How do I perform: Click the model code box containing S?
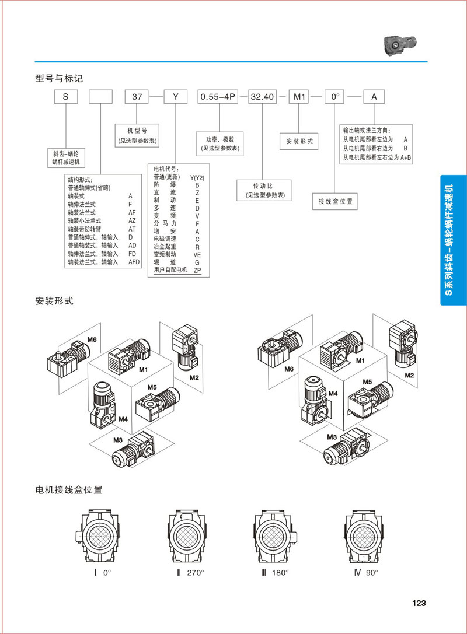pos(66,97)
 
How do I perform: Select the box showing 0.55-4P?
pos(218,97)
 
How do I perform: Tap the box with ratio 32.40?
pos(262,97)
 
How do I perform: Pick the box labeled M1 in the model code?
pos(300,97)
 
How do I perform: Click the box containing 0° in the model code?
pos(336,97)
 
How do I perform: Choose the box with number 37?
pos(137,97)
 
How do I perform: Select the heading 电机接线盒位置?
pos(69,490)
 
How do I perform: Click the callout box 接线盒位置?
pos(335,202)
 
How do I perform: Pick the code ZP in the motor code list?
pos(197,270)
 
